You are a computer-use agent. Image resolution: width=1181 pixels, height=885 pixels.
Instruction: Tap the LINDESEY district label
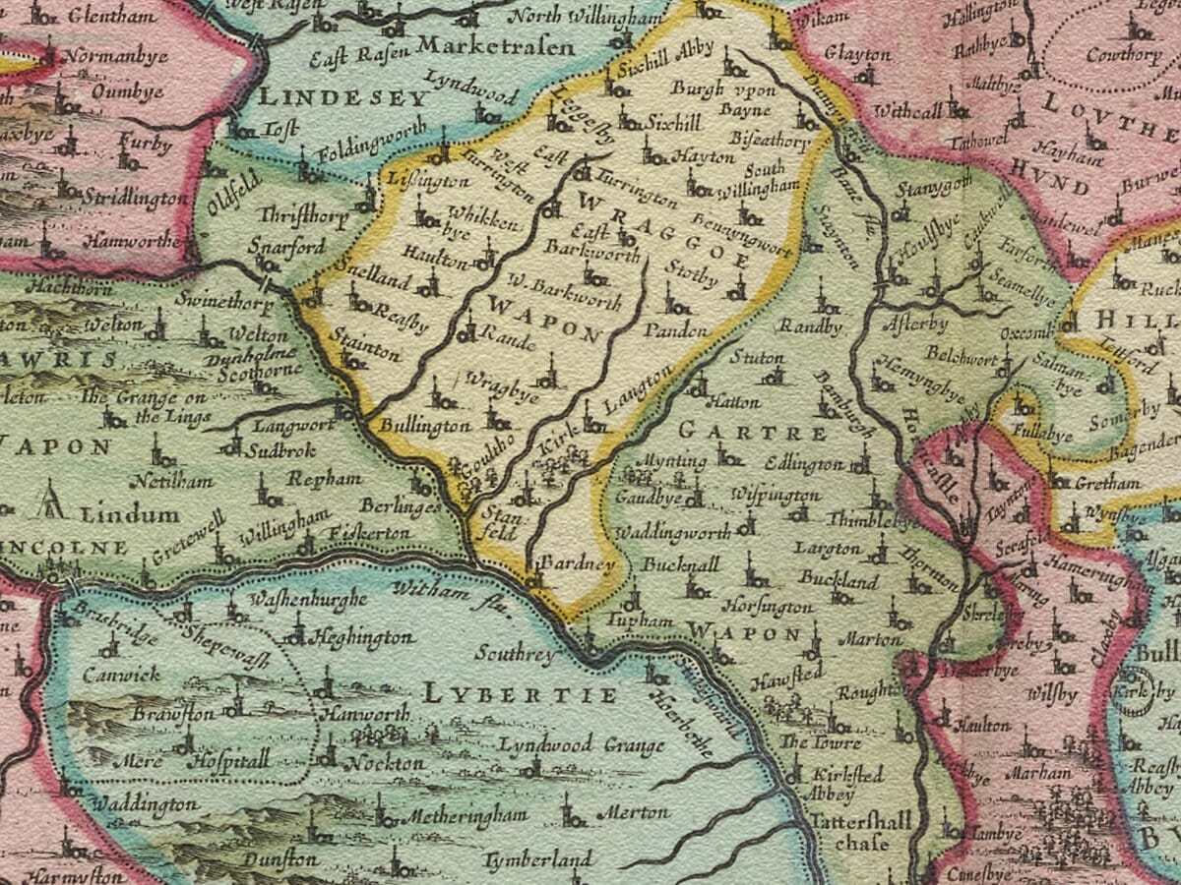point(343,97)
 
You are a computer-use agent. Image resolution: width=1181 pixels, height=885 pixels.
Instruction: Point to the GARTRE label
point(753,432)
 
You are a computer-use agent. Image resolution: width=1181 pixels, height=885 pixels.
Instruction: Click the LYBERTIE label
point(521,695)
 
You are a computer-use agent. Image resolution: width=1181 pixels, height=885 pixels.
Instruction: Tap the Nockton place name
point(388,762)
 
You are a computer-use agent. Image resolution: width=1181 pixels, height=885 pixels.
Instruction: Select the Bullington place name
point(424,426)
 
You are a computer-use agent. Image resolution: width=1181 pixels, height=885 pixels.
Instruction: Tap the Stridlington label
point(135,199)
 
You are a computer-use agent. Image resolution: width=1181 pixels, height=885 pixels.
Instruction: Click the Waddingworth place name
point(672,532)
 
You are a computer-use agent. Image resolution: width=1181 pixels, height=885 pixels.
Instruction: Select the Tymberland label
point(539,858)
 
